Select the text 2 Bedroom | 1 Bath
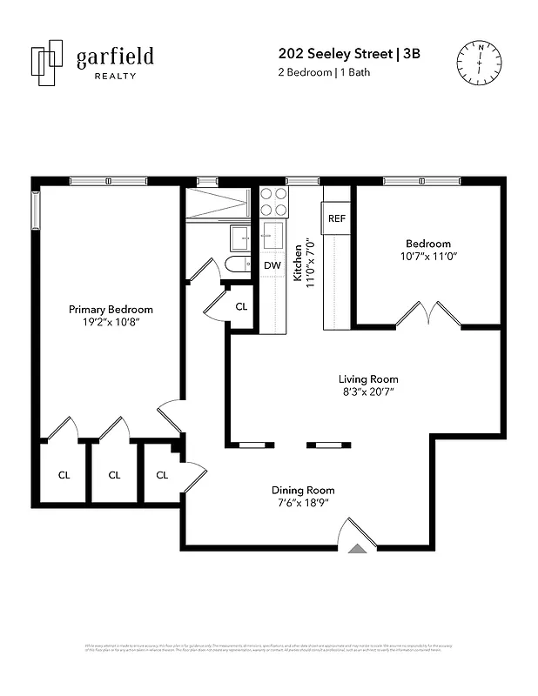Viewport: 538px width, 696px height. [x=323, y=72]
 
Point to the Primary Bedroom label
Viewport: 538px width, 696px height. [x=111, y=310]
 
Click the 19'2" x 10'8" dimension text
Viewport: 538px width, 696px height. [x=111, y=322]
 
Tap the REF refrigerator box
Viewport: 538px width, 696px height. [x=337, y=218]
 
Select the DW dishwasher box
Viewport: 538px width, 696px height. [x=272, y=265]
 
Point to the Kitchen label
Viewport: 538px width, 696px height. [x=298, y=262]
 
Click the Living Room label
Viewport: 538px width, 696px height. [x=368, y=379]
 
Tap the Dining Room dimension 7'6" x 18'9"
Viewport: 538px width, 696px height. [x=303, y=503]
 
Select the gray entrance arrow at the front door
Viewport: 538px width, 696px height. [x=357, y=549]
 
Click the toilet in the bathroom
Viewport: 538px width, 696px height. [x=238, y=265]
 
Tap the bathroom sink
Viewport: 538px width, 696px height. [x=240, y=237]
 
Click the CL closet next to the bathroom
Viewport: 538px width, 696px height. [x=241, y=307]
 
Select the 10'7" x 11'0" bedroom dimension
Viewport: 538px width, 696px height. [x=428, y=257]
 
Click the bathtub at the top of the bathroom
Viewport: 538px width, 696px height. [x=218, y=204]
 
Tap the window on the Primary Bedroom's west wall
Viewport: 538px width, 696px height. [x=36, y=210]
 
